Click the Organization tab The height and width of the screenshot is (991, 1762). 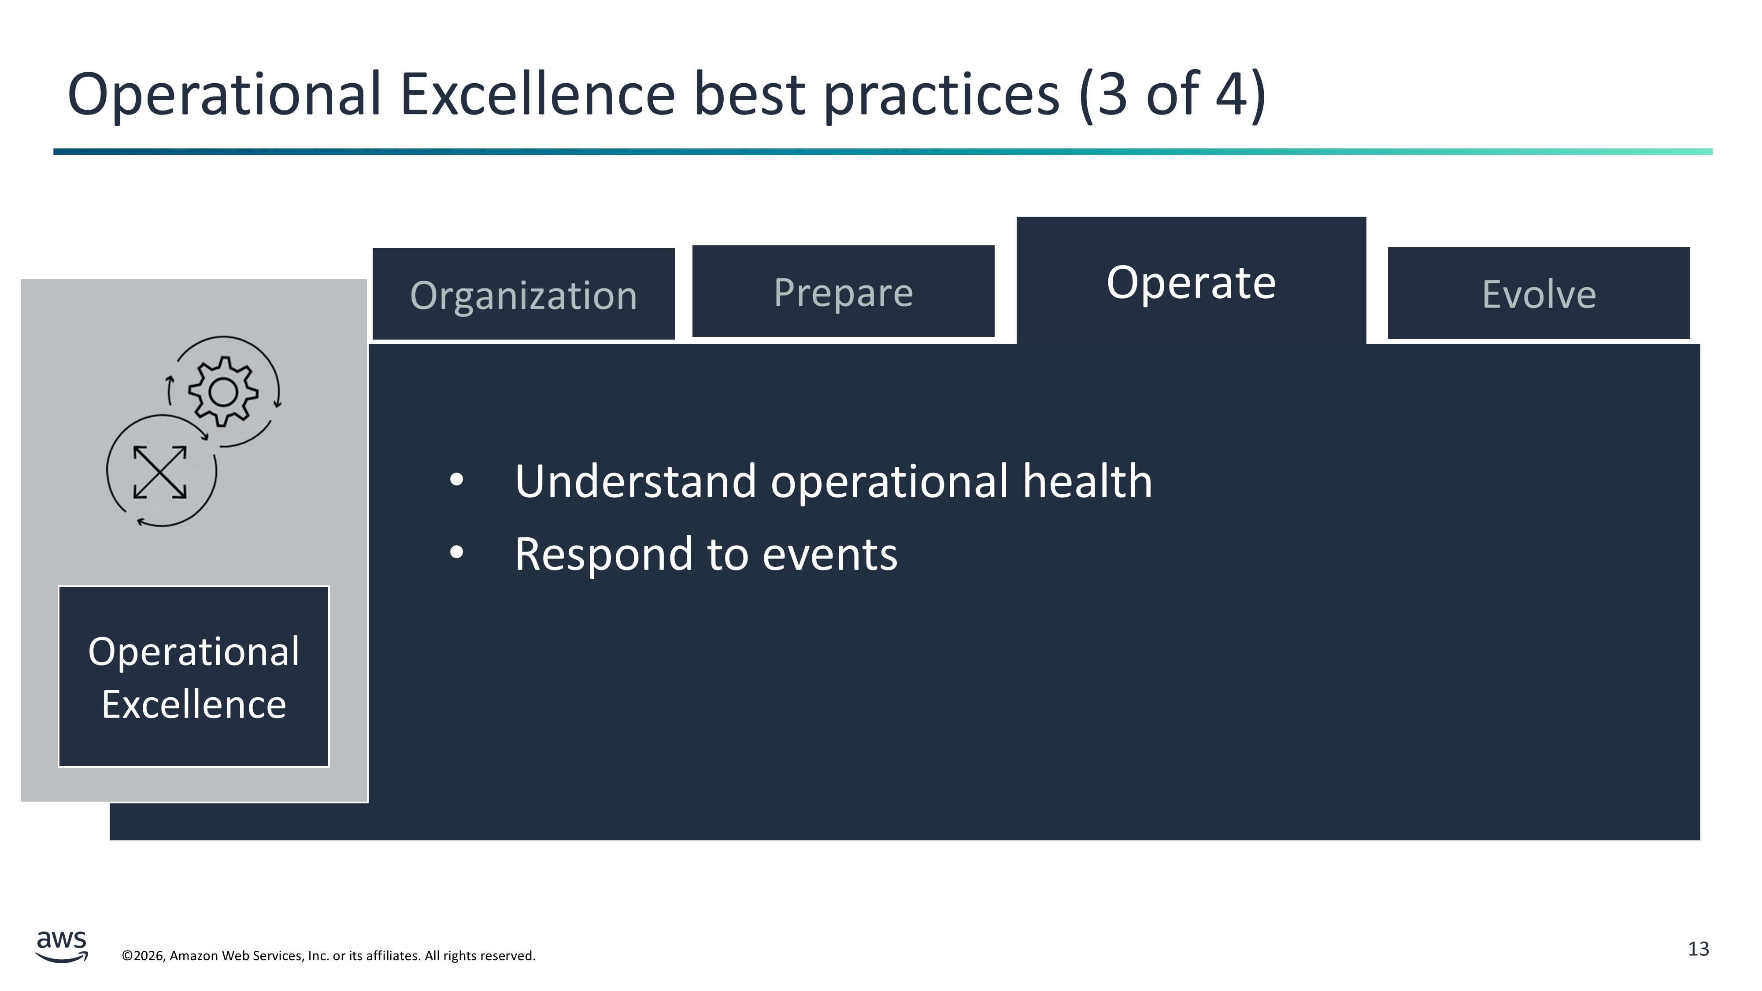(x=523, y=294)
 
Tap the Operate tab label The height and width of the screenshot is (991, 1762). (x=1191, y=282)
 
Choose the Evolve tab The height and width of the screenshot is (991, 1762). (x=1538, y=293)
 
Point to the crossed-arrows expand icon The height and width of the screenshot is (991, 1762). (x=160, y=472)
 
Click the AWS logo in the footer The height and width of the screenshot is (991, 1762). (x=62, y=946)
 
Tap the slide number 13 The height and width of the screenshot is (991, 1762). (x=1699, y=949)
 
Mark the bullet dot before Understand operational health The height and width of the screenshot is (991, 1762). (x=457, y=480)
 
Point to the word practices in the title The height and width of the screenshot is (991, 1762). (x=942, y=96)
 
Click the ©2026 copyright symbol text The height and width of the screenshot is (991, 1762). (x=144, y=955)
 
